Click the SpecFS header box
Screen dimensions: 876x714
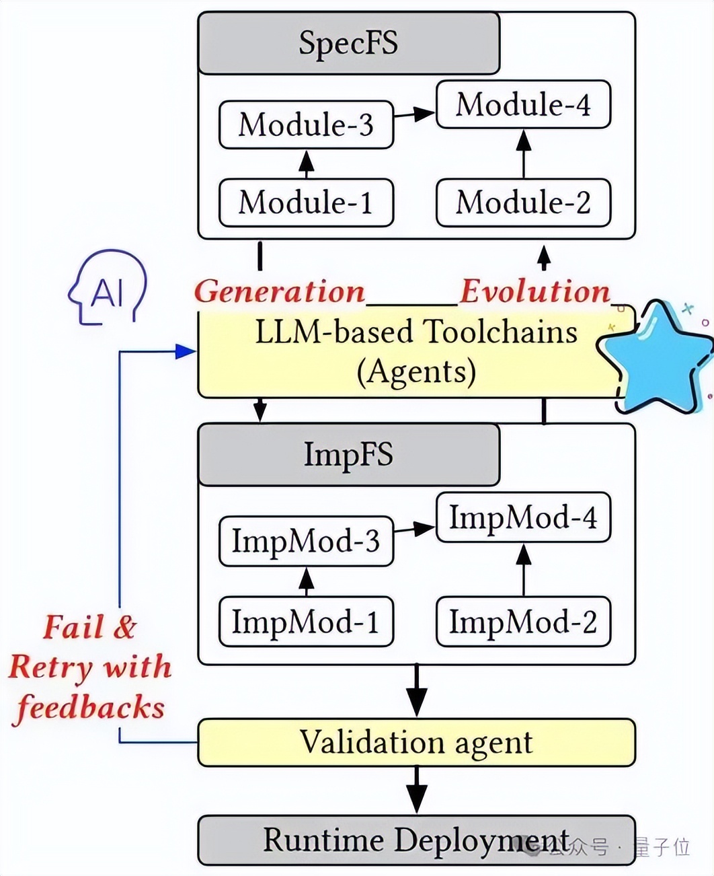[348, 43]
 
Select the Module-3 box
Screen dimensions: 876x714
[306, 124]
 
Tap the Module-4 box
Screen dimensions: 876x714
[523, 104]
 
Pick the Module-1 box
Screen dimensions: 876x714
[306, 203]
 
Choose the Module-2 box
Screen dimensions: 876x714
[523, 203]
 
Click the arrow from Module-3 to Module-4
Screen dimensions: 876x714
[415, 114]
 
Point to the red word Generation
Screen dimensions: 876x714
[279, 292]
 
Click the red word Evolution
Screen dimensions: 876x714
[534, 292]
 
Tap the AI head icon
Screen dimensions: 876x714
[108, 290]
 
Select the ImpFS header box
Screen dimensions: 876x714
[348, 454]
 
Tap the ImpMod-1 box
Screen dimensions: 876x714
[306, 622]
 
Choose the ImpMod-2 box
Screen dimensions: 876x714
[523, 622]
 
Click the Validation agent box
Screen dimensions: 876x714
[416, 743]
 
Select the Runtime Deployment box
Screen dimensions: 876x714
[416, 840]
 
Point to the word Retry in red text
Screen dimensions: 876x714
[50, 667]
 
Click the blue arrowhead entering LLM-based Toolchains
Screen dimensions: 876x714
[185, 351]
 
